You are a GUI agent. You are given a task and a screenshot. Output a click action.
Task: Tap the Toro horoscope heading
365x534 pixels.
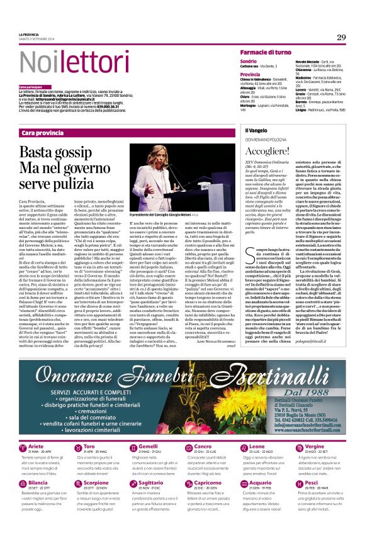89,446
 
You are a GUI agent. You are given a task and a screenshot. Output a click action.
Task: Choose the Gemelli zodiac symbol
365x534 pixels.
135,448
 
